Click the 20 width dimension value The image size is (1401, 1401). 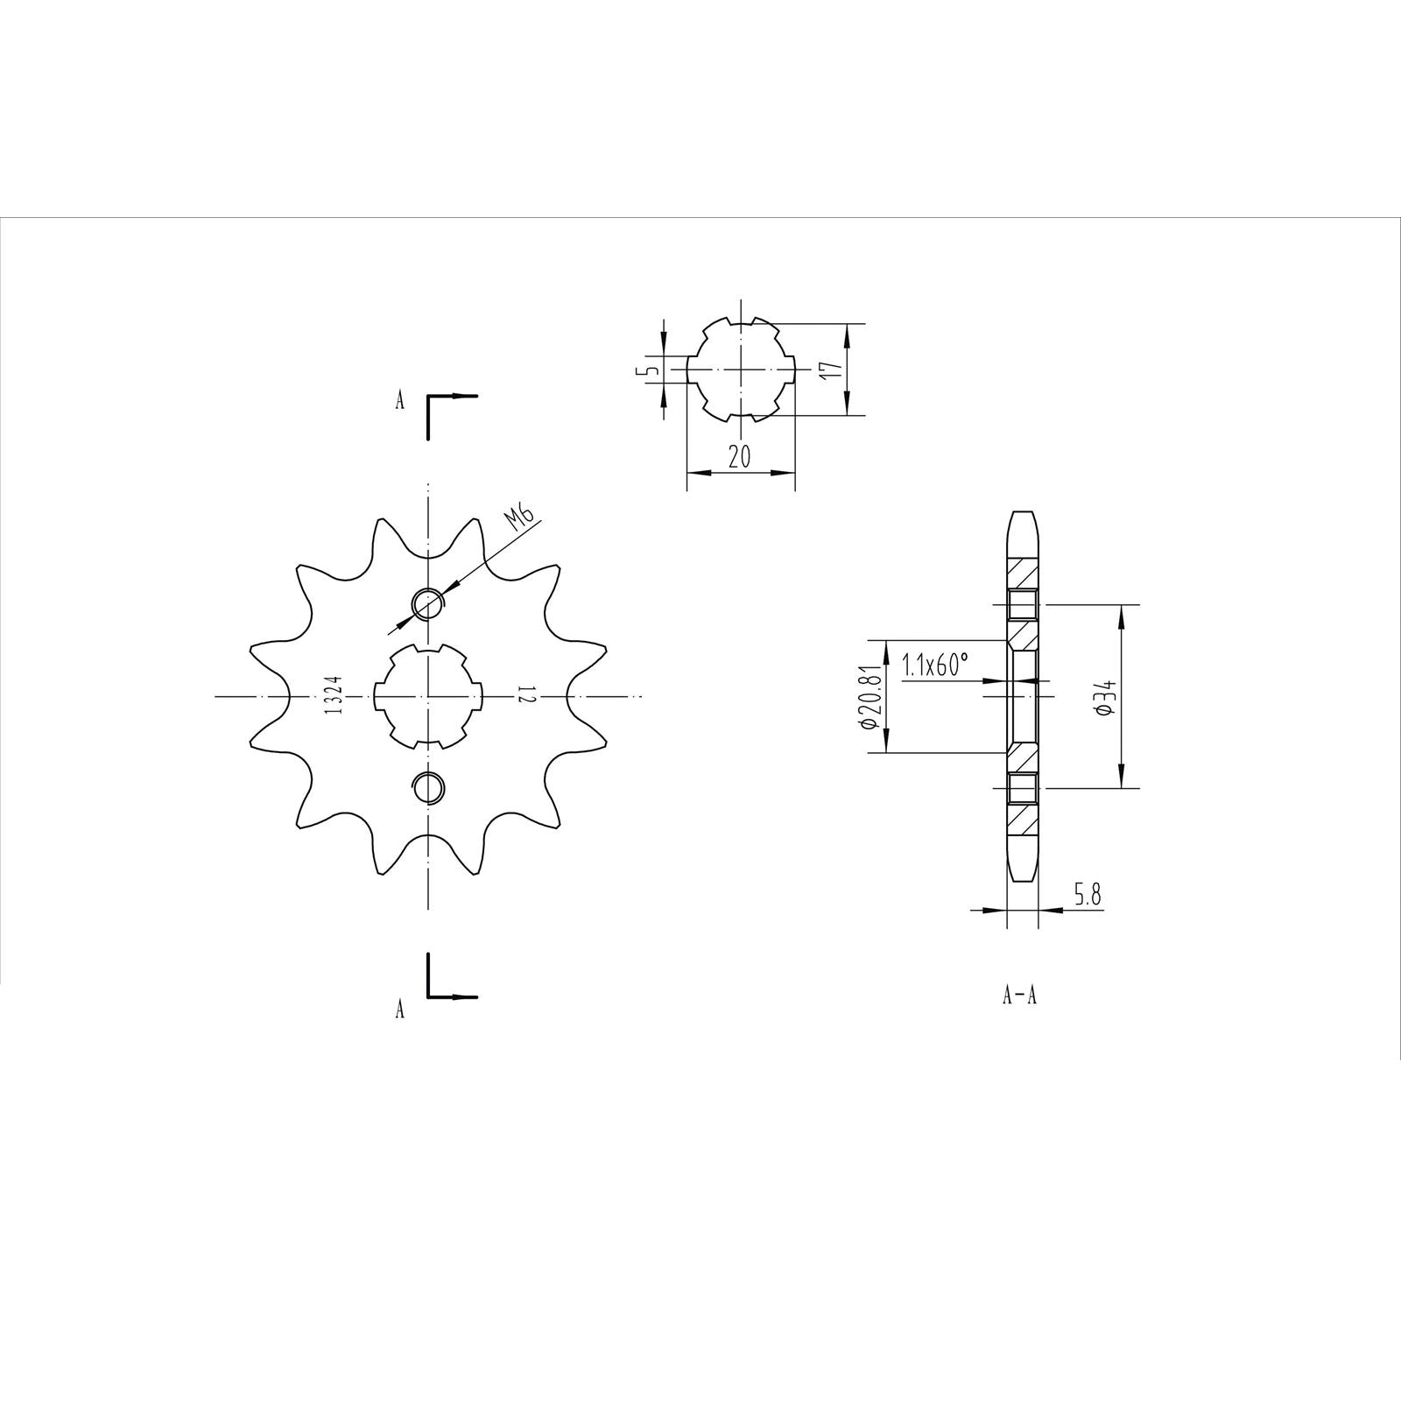pyautogui.click(x=740, y=457)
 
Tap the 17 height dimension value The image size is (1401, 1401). pyautogui.click(x=834, y=369)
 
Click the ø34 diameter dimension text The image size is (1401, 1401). pyautogui.click(x=1105, y=697)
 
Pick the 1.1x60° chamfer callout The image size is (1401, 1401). pyautogui.click(x=935, y=665)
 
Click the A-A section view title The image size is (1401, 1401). pyautogui.click(x=1020, y=996)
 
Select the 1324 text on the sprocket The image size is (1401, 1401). pyautogui.click(x=333, y=695)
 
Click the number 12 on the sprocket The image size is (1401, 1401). pyautogui.click(x=524, y=695)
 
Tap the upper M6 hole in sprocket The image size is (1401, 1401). pyautogui.click(x=427, y=602)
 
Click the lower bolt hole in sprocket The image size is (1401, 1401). pyautogui.click(x=427, y=787)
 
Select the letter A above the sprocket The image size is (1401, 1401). pyautogui.click(x=400, y=401)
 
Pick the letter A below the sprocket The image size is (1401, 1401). pyautogui.click(x=400, y=1010)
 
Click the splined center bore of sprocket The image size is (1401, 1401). pyautogui.click(x=427, y=695)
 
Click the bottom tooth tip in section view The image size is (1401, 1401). pyautogui.click(x=1022, y=867)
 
